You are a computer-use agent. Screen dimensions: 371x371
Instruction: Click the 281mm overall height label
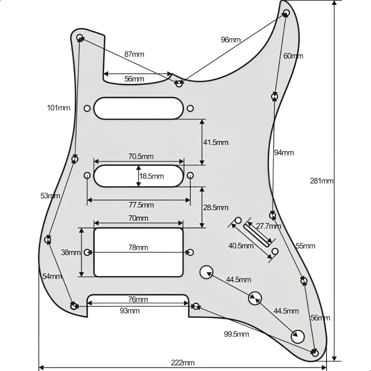pyautogui.click(x=322, y=181)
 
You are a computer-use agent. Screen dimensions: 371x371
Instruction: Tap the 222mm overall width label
pyautogui.click(x=183, y=363)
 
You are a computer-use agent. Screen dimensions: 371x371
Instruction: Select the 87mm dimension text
pyautogui.click(x=134, y=54)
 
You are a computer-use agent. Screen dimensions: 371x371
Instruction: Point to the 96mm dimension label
pyautogui.click(x=231, y=39)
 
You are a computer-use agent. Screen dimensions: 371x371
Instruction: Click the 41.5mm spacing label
pyautogui.click(x=216, y=142)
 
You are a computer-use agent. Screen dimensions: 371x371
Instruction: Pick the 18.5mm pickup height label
pyautogui.click(x=152, y=176)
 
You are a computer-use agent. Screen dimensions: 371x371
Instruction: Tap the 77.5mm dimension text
pyautogui.click(x=141, y=205)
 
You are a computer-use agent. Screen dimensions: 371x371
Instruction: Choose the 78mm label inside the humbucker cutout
pyautogui.click(x=138, y=247)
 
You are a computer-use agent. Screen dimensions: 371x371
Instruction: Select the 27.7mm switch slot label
pyautogui.click(x=268, y=226)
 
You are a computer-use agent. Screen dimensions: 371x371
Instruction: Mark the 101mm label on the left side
pyautogui.click(x=58, y=108)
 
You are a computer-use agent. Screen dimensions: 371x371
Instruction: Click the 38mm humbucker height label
pyautogui.click(x=71, y=252)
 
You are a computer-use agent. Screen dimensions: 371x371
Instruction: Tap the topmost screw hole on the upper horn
pyautogui.click(x=286, y=13)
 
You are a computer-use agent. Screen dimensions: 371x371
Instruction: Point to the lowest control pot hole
pyautogui.click(x=298, y=336)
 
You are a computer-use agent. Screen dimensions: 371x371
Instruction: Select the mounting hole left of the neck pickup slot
pyautogui.click(x=87, y=108)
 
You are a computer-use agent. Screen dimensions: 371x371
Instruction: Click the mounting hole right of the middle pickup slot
pyautogui.click(x=190, y=175)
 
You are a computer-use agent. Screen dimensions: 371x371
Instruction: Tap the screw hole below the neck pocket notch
pyautogui.click(x=179, y=84)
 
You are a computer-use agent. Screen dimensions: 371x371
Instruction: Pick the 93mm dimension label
pyautogui.click(x=130, y=310)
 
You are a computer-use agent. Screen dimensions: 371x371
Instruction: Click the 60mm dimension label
pyautogui.click(x=293, y=56)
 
